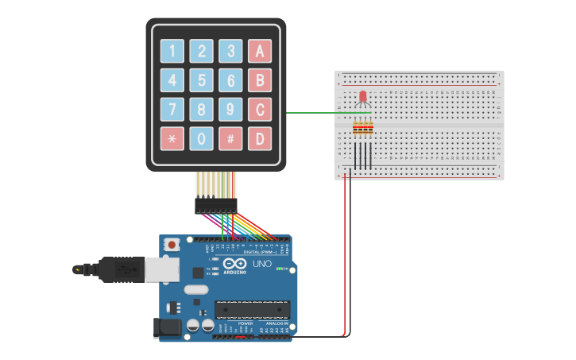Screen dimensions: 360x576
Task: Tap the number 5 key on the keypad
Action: tap(202, 80)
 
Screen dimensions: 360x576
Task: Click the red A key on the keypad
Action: tap(259, 52)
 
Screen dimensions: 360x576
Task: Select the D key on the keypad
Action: tap(259, 138)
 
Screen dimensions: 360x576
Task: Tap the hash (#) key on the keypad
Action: tap(230, 138)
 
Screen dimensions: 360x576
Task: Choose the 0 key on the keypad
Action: tap(202, 138)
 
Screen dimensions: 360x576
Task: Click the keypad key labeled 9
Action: tap(230, 109)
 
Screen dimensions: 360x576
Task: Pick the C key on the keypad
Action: tap(259, 109)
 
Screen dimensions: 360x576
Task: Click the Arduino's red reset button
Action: tap(171, 246)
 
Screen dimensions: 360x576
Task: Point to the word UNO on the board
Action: tap(261, 264)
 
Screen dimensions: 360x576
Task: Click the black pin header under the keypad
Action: tap(216, 205)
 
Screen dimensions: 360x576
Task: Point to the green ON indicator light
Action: tap(279, 269)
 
